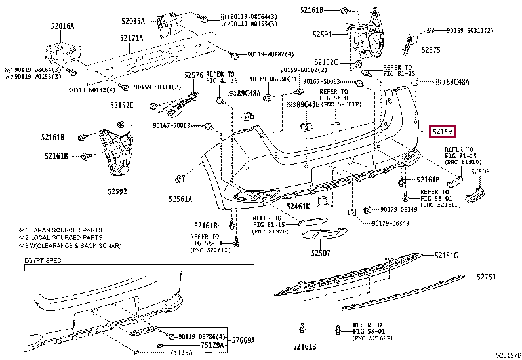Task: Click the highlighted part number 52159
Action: coord(443,132)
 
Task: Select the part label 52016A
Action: coord(63,26)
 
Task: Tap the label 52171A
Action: coord(131,38)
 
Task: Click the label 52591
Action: coord(322,33)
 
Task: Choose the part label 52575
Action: coord(431,49)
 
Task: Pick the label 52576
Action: coord(193,75)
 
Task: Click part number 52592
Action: coord(117,191)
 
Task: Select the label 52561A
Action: coord(180,198)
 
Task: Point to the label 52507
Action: coord(321,252)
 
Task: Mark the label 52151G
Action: coord(445,255)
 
